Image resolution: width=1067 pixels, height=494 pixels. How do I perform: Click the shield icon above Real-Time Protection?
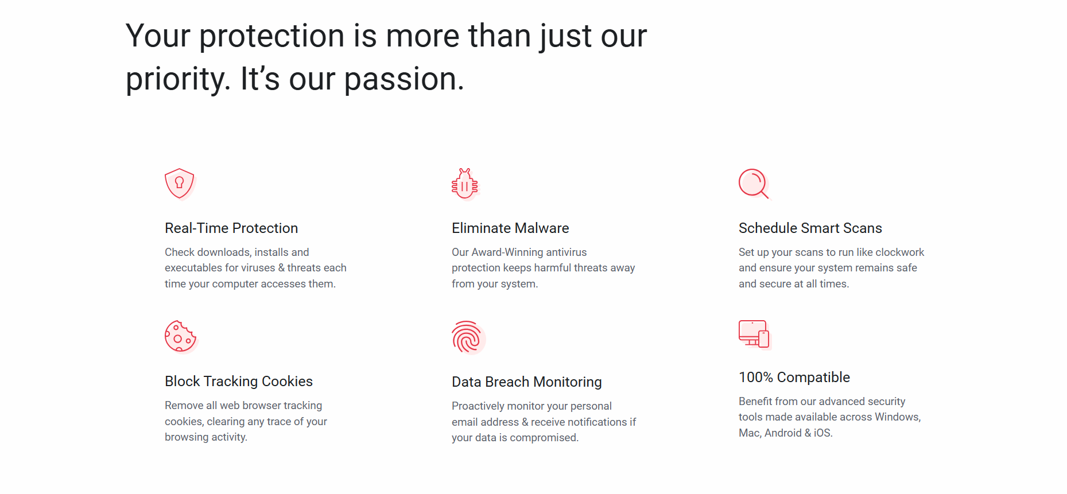click(x=180, y=184)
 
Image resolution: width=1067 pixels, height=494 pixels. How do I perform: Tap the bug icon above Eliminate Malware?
click(x=465, y=184)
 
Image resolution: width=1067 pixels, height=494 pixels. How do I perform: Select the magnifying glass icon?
click(x=754, y=184)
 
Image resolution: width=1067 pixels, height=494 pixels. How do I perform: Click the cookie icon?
click(x=180, y=336)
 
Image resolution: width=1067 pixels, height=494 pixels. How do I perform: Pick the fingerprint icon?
click(x=467, y=337)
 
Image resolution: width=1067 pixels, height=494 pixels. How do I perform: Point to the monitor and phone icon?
click(x=754, y=334)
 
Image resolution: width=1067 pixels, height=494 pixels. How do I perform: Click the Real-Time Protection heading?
click(x=231, y=228)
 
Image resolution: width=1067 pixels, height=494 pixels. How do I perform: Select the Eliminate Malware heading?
click(x=510, y=228)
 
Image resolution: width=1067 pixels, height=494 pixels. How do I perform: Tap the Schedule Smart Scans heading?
click(x=810, y=228)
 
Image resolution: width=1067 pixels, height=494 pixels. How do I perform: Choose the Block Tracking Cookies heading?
click(x=239, y=382)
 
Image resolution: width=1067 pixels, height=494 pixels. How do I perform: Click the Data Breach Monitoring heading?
click(x=527, y=382)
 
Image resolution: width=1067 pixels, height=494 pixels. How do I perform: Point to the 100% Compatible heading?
click(x=794, y=378)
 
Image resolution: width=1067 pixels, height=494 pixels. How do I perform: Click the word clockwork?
click(x=899, y=252)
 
